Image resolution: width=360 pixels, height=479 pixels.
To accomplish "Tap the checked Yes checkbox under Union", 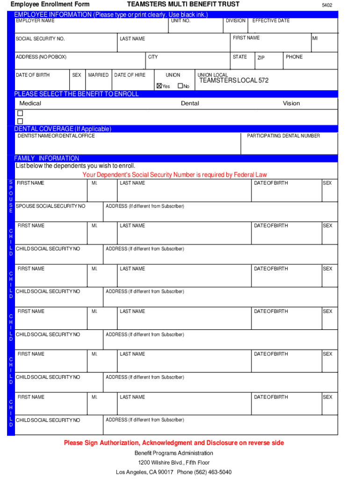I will pyautogui.click(x=159, y=86).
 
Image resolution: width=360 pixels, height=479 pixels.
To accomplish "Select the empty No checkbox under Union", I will pyautogui.click(x=180, y=86).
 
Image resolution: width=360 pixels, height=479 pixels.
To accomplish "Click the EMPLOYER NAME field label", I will pyautogui.click(x=35, y=21).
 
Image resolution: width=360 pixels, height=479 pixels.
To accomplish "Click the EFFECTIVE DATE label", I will pyautogui.click(x=271, y=21).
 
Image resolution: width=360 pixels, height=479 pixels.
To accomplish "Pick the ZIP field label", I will pyautogui.click(x=261, y=58).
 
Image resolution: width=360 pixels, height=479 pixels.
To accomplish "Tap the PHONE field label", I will pyautogui.click(x=294, y=57).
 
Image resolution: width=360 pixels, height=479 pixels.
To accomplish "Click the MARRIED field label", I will pyautogui.click(x=98, y=75).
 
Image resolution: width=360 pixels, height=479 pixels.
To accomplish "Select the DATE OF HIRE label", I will pyautogui.click(x=130, y=75).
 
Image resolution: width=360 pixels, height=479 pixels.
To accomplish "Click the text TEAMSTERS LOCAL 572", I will pyautogui.click(x=234, y=80).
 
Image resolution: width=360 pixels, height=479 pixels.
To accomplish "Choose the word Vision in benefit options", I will pyautogui.click(x=291, y=103).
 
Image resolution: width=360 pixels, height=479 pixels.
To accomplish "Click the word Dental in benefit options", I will pyautogui.click(x=190, y=103).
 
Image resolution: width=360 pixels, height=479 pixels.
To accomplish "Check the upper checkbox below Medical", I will pyautogui.click(x=20, y=113).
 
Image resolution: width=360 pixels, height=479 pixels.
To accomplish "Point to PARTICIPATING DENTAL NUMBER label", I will pyautogui.click(x=283, y=136).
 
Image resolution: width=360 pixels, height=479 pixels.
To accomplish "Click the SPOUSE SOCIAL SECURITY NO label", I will pyautogui.click(x=50, y=206).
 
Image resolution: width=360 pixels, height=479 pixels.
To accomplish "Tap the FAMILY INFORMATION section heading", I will pyautogui.click(x=47, y=158).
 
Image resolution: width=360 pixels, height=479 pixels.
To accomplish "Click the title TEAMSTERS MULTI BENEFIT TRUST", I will pyautogui.click(x=183, y=4).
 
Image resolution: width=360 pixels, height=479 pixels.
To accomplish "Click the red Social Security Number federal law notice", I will pyautogui.click(x=174, y=175).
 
